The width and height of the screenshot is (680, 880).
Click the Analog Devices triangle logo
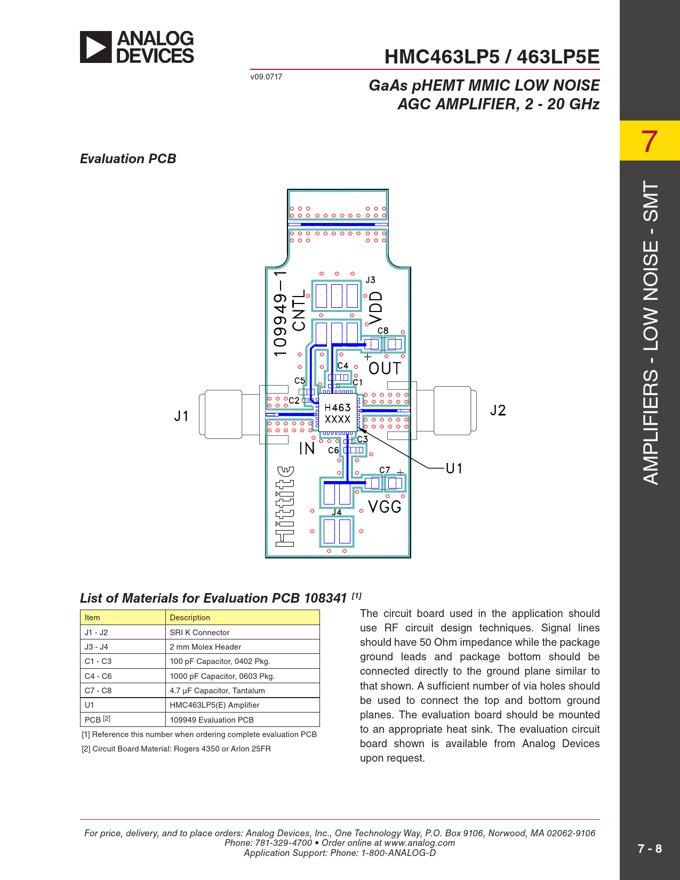[96, 47]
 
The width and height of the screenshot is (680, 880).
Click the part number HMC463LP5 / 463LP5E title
[492, 57]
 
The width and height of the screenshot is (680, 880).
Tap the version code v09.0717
[266, 77]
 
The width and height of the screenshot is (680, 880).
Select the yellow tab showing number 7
[649, 141]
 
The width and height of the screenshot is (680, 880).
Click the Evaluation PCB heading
[128, 159]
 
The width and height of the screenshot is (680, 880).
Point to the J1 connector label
[181, 416]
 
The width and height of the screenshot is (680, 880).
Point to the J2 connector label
[498, 410]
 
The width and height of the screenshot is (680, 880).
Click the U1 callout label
[454, 468]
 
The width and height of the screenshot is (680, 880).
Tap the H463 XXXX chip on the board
[338, 413]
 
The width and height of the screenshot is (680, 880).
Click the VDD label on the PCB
[376, 307]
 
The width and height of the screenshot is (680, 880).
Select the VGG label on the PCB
[385, 507]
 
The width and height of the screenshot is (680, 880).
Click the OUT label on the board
[385, 369]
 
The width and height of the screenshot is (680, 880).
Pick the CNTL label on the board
[299, 310]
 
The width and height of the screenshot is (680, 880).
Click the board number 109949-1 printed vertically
[281, 314]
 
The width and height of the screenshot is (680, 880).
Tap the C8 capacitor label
[383, 331]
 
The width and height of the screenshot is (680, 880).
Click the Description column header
[190, 618]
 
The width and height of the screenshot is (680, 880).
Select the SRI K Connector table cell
[199, 633]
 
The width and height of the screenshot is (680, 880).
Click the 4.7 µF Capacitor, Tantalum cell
[217, 691]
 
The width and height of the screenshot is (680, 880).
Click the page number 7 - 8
[650, 849]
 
